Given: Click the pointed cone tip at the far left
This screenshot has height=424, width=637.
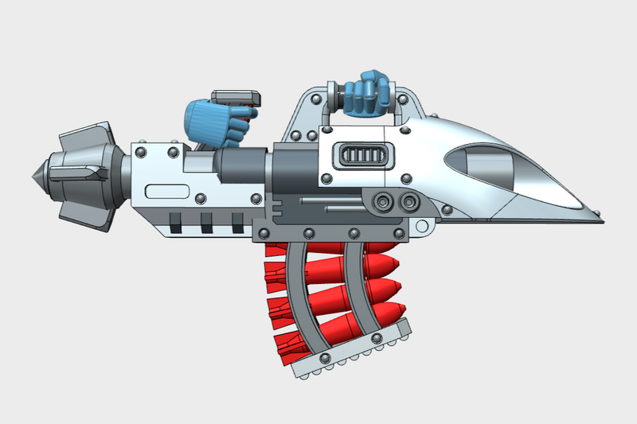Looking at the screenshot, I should [35, 173].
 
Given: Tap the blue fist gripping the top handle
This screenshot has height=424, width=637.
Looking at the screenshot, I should [368, 94].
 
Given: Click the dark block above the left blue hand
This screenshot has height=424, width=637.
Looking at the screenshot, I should [236, 99].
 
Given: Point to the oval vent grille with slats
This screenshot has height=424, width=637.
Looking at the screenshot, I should [363, 155].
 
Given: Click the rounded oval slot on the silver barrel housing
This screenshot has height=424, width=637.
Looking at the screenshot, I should [167, 192].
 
